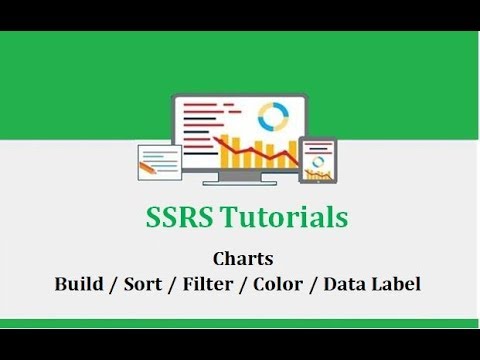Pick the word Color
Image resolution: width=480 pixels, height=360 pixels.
pos(279,283)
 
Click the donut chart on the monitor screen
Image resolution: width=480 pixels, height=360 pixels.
pos(271,117)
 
